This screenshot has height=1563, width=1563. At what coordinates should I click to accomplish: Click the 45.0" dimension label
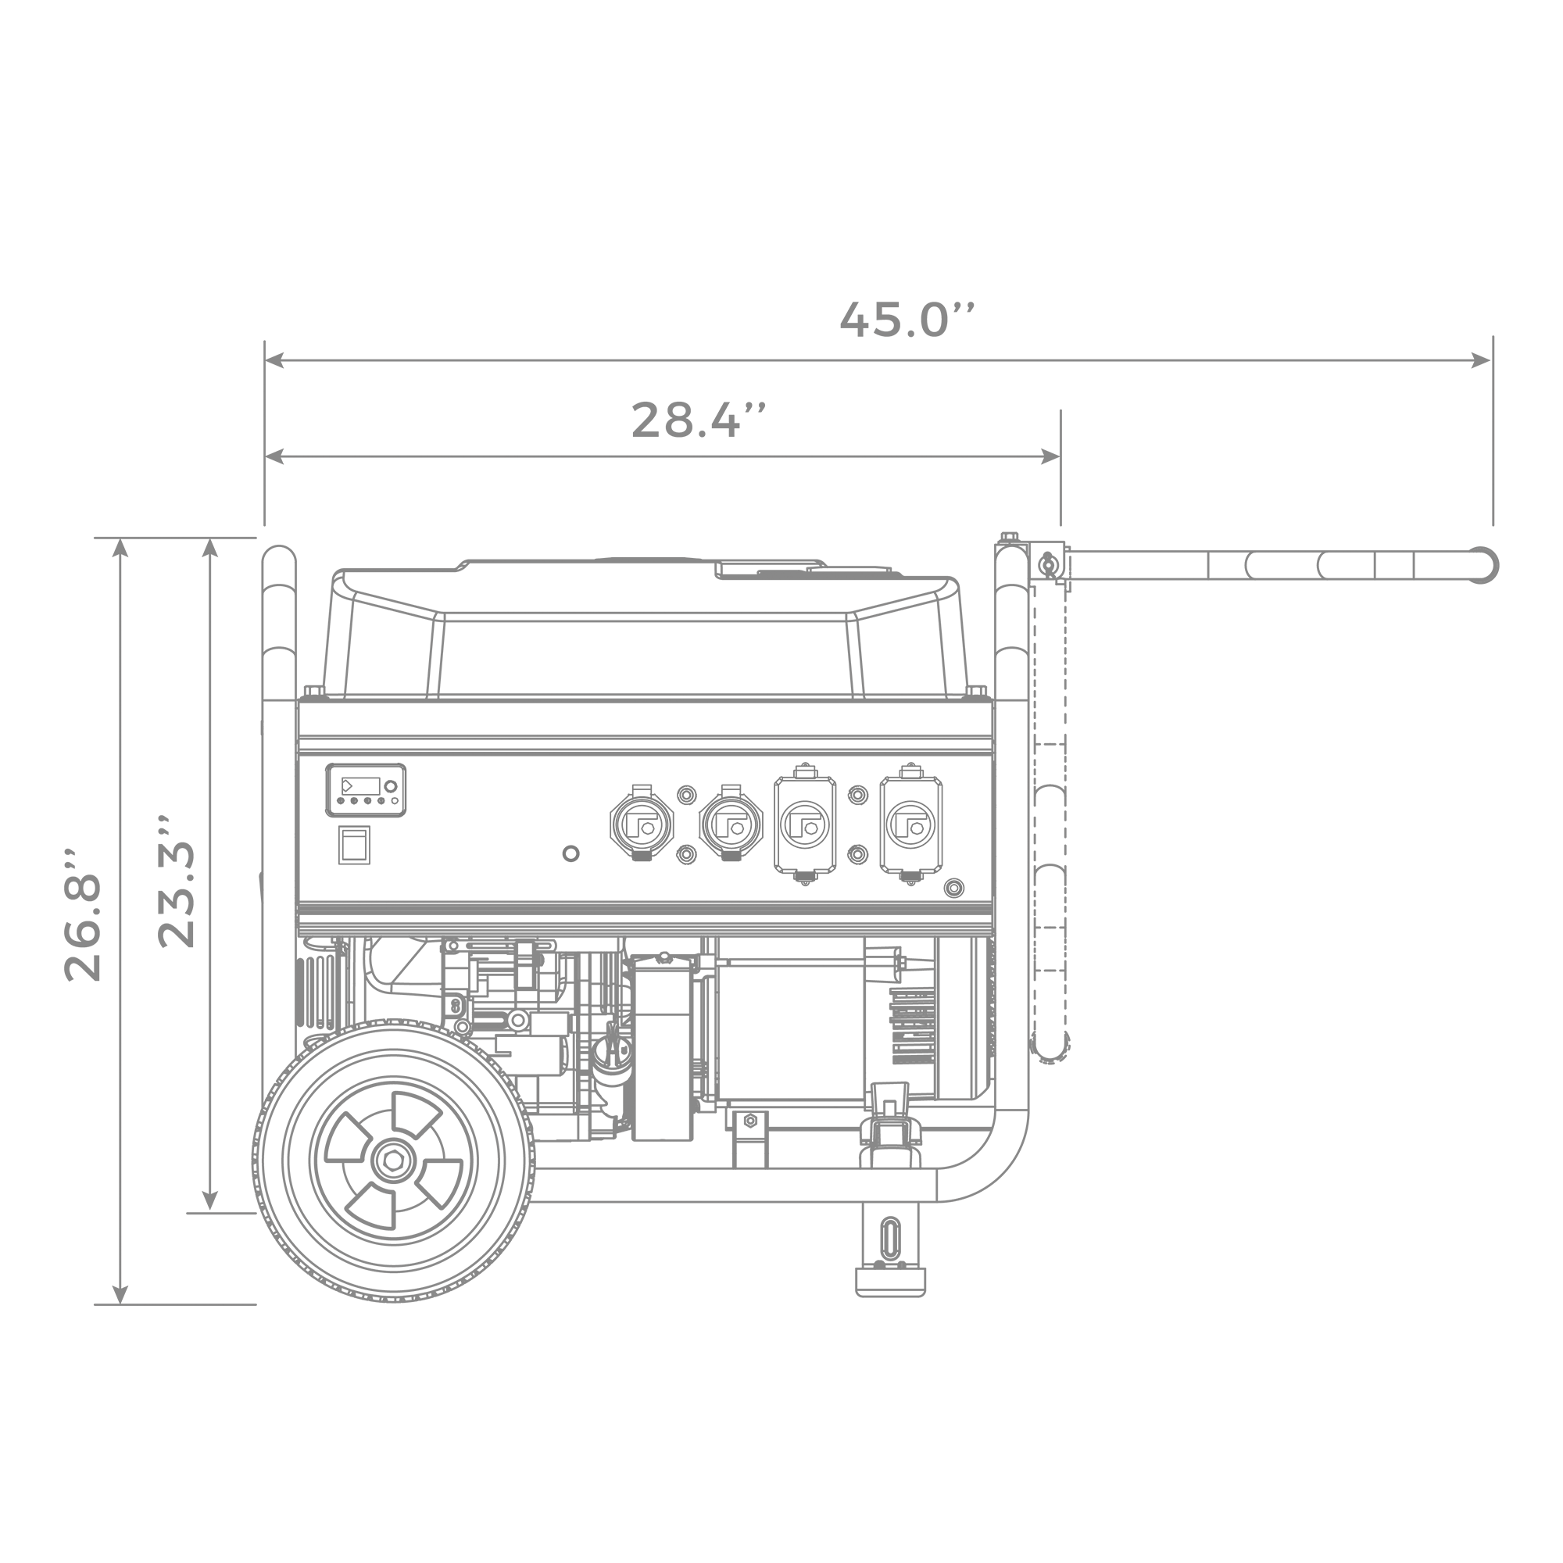(907, 320)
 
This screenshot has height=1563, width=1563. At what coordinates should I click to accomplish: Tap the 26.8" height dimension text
(83, 915)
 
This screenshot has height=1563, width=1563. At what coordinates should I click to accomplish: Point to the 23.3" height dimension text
(176, 881)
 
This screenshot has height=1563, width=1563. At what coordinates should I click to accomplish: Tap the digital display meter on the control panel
(366, 789)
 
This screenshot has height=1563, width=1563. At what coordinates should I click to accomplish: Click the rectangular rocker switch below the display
(354, 846)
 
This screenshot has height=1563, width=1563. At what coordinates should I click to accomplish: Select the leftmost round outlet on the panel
(642, 824)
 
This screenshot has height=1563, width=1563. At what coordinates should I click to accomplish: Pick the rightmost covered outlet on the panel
(911, 824)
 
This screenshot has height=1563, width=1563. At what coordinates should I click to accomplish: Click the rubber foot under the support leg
(890, 1282)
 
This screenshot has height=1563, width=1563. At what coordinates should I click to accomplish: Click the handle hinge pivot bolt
(1049, 565)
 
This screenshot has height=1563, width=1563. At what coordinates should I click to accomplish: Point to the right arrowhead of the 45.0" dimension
(1482, 360)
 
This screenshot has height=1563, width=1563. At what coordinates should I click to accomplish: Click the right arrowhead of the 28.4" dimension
(1050, 457)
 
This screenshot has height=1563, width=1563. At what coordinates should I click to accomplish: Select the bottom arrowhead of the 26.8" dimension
(120, 1294)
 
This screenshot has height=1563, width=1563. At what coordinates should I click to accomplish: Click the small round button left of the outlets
(570, 853)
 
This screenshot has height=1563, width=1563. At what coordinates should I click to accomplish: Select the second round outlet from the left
(731, 824)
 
